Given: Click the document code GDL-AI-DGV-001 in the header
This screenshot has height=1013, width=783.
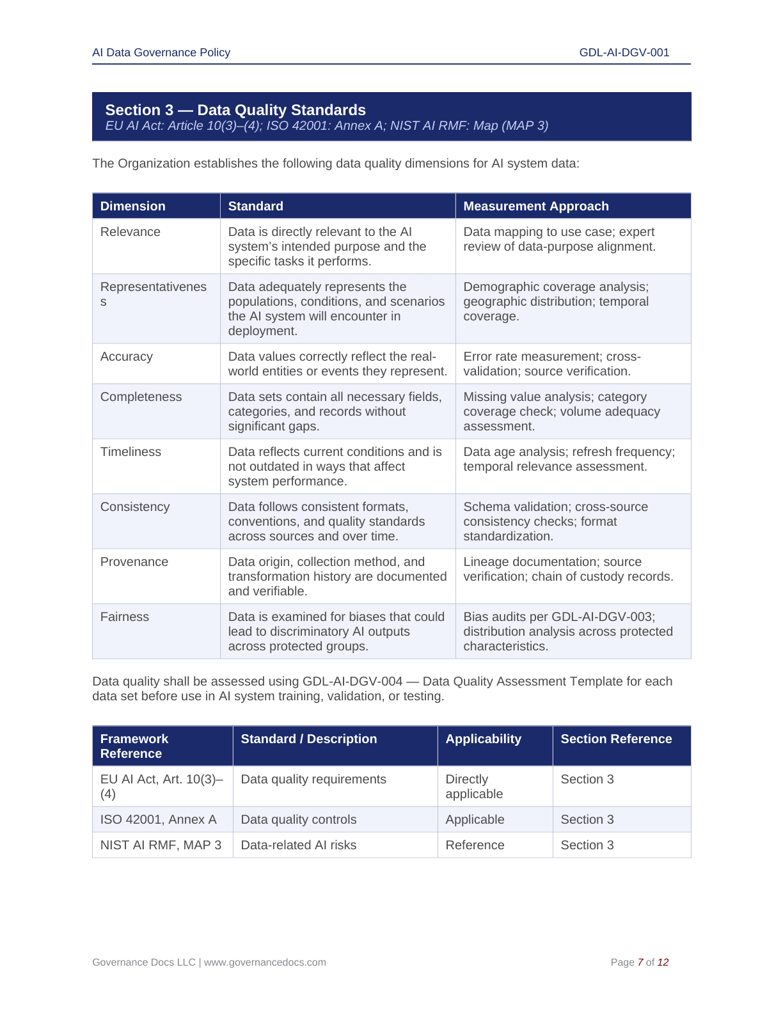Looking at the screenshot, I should point(624,52).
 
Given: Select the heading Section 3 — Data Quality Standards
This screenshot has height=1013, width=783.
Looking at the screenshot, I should point(235,110).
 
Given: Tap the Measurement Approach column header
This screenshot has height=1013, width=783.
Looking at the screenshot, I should point(535,206).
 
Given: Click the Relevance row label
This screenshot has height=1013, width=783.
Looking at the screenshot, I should point(130,232).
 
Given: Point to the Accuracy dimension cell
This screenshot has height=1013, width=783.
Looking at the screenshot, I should point(127,356).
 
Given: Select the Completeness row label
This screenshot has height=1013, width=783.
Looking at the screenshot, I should point(141,397).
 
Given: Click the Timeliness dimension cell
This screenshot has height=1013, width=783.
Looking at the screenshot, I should point(130,452).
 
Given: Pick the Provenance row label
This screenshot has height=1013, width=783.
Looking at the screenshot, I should point(134,561).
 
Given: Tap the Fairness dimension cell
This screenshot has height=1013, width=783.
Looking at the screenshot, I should point(125,616).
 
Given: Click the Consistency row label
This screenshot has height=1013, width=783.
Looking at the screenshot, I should point(135,506).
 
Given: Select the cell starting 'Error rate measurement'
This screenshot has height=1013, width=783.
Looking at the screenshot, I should point(551,363).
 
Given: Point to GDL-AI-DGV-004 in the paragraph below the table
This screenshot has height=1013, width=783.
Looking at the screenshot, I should point(352,681).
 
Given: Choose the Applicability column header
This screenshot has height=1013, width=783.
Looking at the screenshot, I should point(483,739).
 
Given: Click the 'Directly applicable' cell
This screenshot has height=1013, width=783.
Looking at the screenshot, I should point(474,786).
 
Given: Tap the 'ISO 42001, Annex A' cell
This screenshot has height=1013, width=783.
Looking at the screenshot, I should point(158,819).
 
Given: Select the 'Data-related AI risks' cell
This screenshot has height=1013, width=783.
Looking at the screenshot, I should point(298,845).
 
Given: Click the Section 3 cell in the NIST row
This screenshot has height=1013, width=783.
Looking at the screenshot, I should point(587,845).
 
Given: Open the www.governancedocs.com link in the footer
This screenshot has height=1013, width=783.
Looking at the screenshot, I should point(265,962).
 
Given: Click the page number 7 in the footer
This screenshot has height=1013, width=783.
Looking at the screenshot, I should point(640,962).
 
